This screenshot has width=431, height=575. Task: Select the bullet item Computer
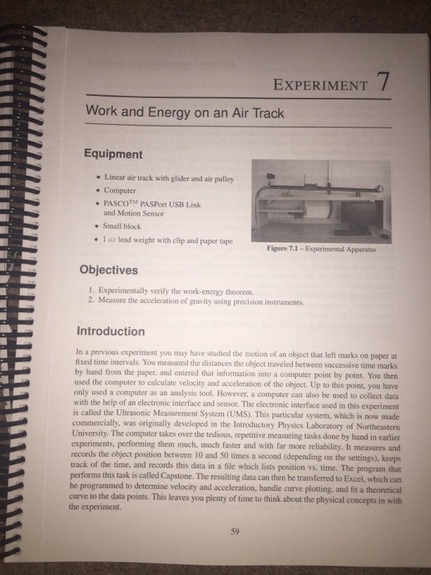pos(120,191)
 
